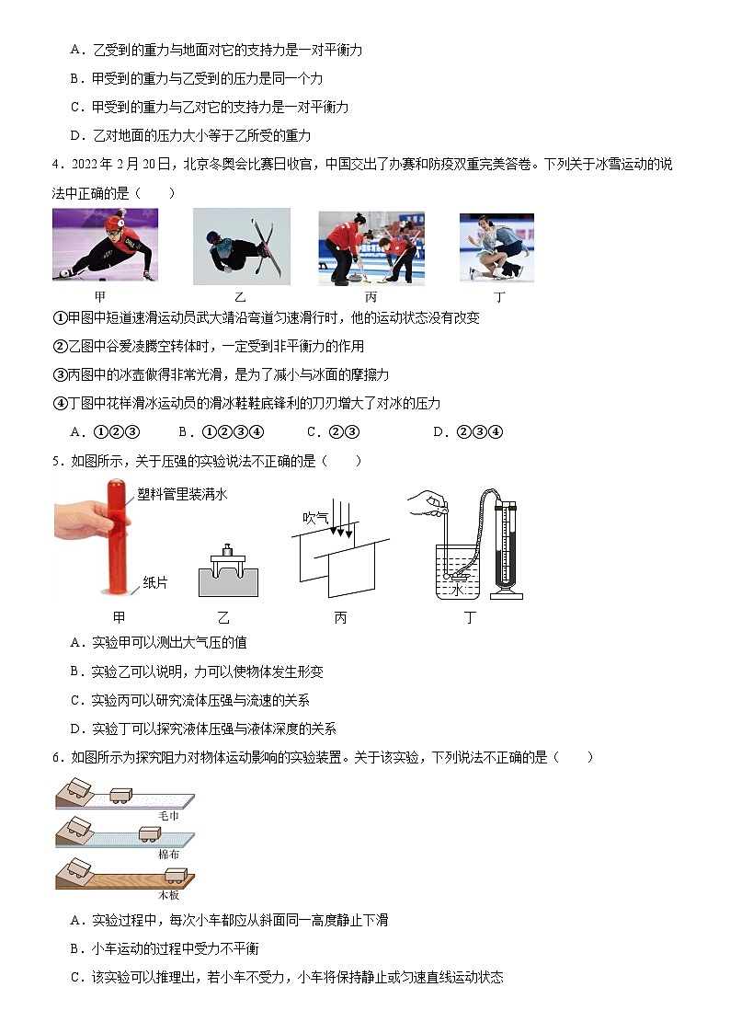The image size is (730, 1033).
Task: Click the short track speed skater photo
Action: (105, 245)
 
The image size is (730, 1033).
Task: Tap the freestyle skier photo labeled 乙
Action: (241, 246)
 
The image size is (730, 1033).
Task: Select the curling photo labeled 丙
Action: (371, 247)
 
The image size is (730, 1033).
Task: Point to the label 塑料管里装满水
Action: (182, 494)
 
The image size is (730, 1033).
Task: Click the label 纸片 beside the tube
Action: (154, 582)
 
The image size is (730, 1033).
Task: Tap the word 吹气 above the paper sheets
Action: (315, 518)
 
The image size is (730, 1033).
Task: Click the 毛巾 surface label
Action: (168, 816)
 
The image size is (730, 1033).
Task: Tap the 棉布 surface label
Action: (168, 855)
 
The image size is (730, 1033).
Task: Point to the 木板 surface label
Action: (168, 893)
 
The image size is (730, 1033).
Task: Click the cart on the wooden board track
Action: (173, 874)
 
